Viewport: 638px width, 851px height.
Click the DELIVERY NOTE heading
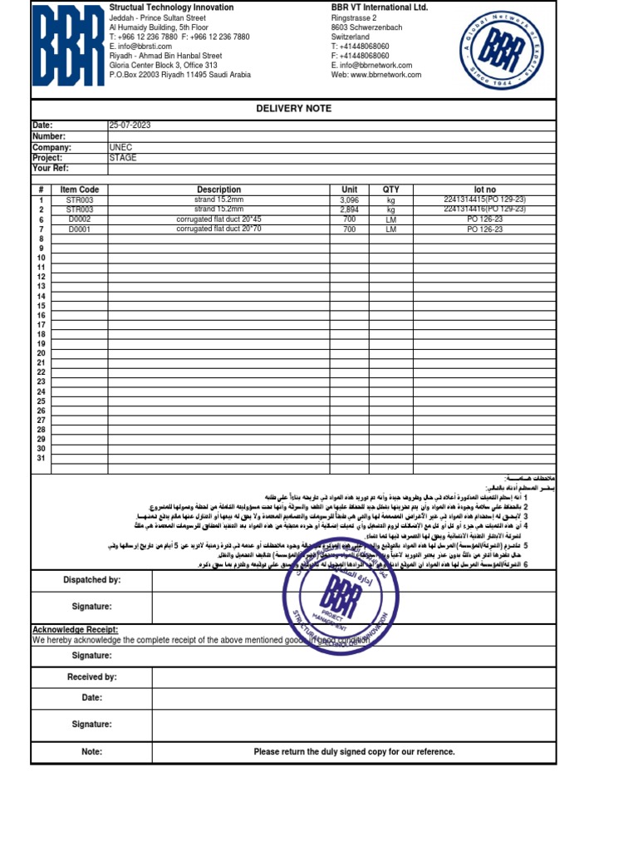293,109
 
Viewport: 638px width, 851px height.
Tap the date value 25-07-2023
130,125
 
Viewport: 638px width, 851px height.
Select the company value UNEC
120,147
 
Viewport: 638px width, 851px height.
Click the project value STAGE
123,158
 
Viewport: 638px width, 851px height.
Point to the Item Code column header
80,190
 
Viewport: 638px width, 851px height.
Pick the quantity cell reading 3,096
349,200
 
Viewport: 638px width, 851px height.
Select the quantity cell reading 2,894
349,210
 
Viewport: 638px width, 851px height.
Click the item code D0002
80,219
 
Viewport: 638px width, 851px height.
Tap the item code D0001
80,229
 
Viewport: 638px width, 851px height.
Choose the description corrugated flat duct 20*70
218,229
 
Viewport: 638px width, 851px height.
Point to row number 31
41,459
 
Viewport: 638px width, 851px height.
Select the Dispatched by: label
91,580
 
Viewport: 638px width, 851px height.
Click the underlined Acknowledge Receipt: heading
75,630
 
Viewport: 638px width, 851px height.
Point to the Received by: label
91,677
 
